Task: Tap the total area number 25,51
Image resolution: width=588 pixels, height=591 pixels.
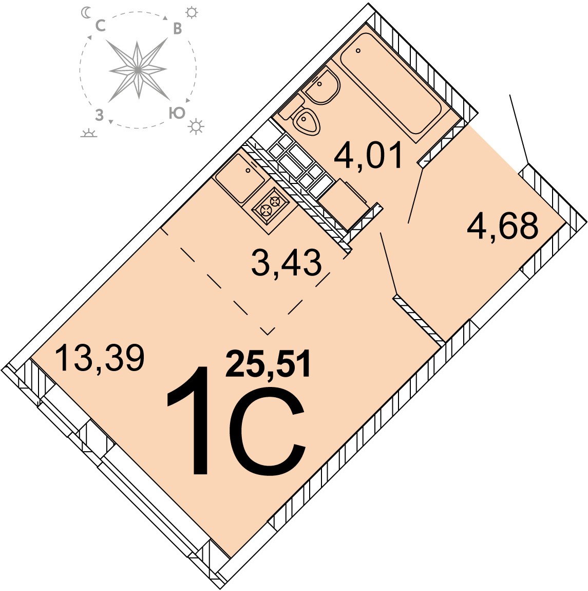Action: (268, 364)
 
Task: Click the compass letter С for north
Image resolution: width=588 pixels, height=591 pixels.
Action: (100, 26)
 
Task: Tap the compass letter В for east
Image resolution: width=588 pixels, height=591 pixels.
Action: (177, 29)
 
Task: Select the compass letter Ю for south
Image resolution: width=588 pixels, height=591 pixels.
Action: (177, 113)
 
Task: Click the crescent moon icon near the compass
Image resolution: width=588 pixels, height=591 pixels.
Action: (86, 13)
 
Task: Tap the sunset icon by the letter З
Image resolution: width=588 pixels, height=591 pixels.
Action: (89, 132)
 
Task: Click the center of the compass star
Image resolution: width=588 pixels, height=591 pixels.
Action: (138, 70)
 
